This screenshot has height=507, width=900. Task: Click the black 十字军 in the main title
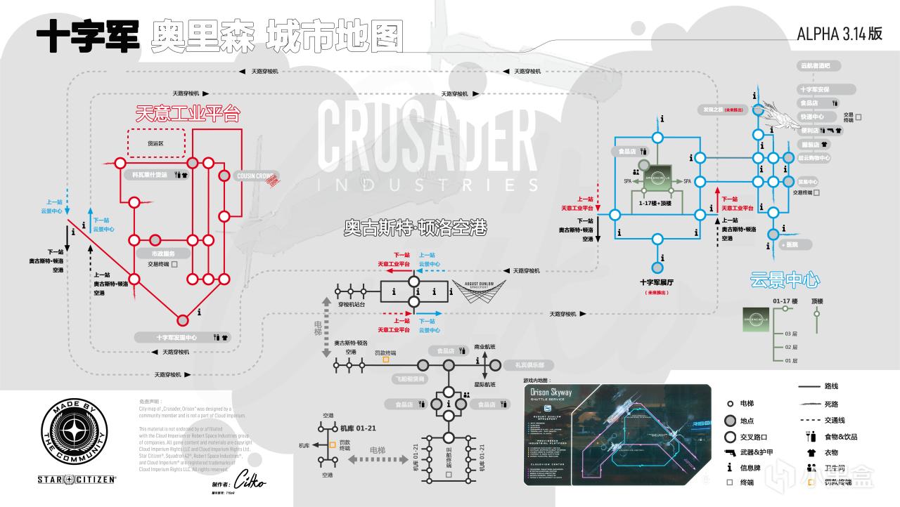pyautogui.click(x=87, y=37)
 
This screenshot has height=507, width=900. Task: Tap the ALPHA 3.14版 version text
pyautogui.click(x=840, y=35)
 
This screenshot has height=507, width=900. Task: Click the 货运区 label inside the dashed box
pyautogui.click(x=155, y=143)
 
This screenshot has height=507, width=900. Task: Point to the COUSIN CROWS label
pyautogui.click(x=254, y=176)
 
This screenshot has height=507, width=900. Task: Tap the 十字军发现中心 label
pyautogui.click(x=176, y=337)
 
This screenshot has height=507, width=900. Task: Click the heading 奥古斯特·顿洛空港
pyautogui.click(x=415, y=228)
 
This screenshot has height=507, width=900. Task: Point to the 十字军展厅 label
pyautogui.click(x=658, y=281)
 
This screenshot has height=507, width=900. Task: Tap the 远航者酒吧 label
pyautogui.click(x=816, y=65)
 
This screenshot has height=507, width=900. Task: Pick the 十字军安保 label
pyautogui.click(x=816, y=90)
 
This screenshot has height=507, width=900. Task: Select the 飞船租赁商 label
pyautogui.click(x=408, y=378)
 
